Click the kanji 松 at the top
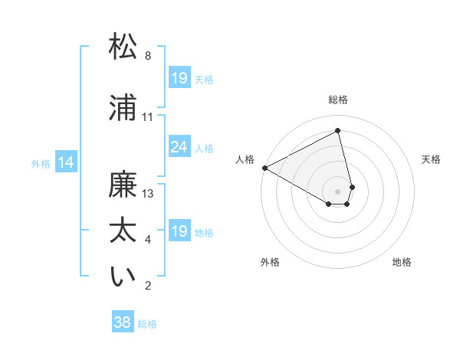tap(123, 47)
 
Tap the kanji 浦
tap(123, 108)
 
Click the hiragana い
tap(123, 277)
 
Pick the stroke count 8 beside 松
tap(148, 56)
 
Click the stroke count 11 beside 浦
tap(148, 117)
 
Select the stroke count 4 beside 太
tap(148, 240)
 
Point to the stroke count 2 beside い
tap(148, 286)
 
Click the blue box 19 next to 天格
tap(179, 78)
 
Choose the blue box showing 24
tap(179, 147)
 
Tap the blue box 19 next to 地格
tap(179, 231)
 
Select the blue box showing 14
tap(66, 162)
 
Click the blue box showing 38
tap(123, 323)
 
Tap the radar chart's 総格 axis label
tap(338, 100)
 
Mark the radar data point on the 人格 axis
tap(264, 168)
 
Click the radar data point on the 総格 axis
tap(338, 130)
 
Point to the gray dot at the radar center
tap(338, 191)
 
